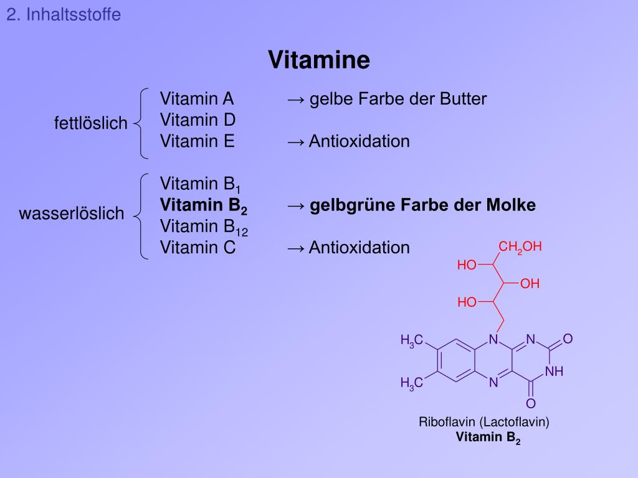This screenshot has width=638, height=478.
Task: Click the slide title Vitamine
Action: [x=319, y=60]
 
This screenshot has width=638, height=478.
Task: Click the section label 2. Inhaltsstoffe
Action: [x=64, y=14]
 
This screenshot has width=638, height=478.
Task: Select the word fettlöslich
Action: [x=90, y=124]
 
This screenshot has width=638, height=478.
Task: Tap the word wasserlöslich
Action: [x=72, y=214]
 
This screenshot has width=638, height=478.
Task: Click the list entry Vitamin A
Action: [x=196, y=99]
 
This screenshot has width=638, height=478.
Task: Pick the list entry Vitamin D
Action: [x=197, y=119]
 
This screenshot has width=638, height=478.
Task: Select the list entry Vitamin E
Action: [x=197, y=141]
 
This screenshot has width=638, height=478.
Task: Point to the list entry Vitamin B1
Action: [x=200, y=184]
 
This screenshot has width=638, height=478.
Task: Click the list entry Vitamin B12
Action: [x=204, y=227]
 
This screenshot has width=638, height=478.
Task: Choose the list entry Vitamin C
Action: [x=198, y=248]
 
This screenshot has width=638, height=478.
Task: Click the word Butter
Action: [x=463, y=99]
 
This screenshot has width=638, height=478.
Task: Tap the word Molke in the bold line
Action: [x=513, y=205]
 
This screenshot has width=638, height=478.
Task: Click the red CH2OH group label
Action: [x=520, y=247]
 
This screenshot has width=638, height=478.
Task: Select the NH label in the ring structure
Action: [x=554, y=372]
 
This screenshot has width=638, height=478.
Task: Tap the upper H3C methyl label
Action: [x=412, y=340]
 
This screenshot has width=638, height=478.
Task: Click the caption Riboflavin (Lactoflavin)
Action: [x=483, y=422]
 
